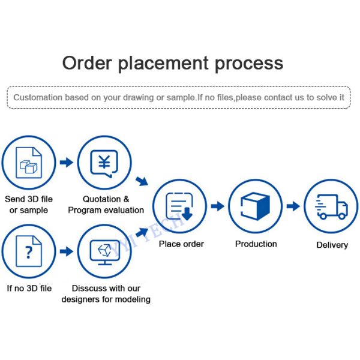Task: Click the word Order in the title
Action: point(87,63)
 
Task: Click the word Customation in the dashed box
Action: point(38,97)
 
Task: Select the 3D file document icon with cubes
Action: point(29,163)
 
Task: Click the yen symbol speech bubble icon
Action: point(104,163)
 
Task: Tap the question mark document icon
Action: point(29,251)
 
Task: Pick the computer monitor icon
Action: point(105,253)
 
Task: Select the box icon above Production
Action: point(255,206)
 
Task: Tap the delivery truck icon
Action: point(331,206)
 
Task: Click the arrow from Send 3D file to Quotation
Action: point(67,163)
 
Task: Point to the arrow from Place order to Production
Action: point(217,206)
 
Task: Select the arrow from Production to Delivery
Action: point(293,206)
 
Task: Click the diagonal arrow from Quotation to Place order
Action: point(142,181)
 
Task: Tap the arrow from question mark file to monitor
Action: point(67,251)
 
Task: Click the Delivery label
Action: point(332,245)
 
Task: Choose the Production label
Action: point(256,244)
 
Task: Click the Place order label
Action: point(181,244)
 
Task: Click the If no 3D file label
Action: point(29,288)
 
